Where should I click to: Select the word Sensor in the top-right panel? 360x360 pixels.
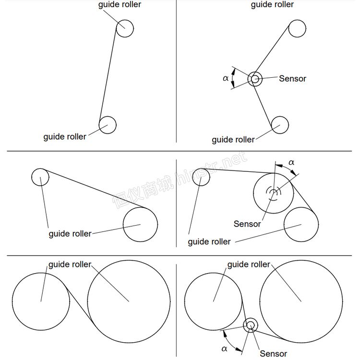pyautogui.click(x=292, y=79)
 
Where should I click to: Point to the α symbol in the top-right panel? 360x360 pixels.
pyautogui.click(x=226, y=78)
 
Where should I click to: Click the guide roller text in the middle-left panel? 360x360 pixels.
pyautogui.click(x=70, y=234)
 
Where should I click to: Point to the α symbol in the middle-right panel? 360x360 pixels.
pyautogui.click(x=291, y=162)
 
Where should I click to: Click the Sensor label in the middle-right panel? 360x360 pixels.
pyautogui.click(x=247, y=224)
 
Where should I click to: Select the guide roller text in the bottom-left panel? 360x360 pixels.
pyautogui.click(x=70, y=264)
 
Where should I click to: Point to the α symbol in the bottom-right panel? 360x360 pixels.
pyautogui.click(x=224, y=349)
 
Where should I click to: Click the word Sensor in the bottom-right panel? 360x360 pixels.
pyautogui.click(x=273, y=354)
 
